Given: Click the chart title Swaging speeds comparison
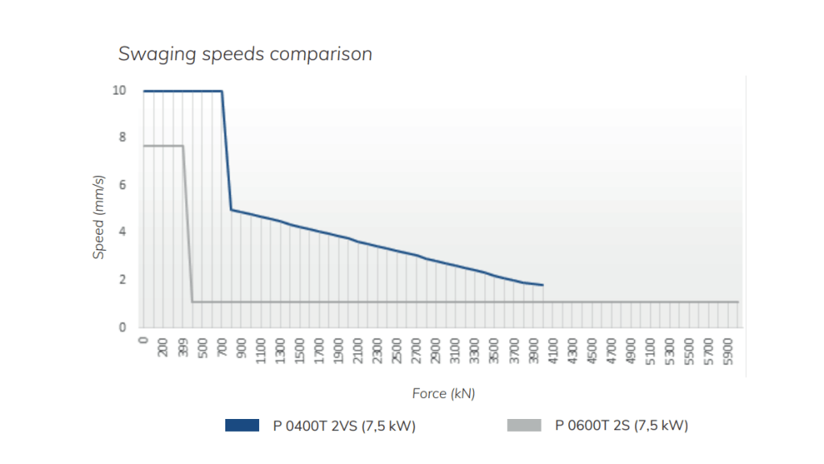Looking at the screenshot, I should click(245, 55).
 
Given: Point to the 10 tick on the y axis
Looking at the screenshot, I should click(119, 90).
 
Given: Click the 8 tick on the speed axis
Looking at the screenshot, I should click(122, 138).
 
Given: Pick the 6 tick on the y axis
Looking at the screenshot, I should click(122, 185).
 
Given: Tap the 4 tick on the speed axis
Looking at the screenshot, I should click(122, 232).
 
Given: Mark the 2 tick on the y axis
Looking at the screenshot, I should click(122, 280).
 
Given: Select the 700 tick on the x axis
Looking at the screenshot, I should click(222, 348).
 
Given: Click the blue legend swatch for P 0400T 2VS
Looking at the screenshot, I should click(241, 425).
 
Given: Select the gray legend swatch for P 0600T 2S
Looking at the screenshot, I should click(524, 425).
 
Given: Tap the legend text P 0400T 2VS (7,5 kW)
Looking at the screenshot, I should click(345, 425).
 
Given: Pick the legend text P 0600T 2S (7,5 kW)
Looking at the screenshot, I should click(621, 425).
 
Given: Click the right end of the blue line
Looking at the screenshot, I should click(543, 285).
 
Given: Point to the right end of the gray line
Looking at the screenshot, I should click(738, 302).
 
